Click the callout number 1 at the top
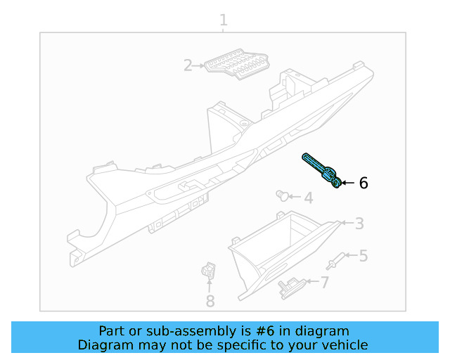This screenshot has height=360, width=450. [224, 20]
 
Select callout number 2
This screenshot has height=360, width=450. [188, 66]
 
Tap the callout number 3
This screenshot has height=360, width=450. [359, 224]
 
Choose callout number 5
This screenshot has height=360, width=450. [363, 256]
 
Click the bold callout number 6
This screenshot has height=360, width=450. [363, 184]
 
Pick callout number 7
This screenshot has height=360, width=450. [324, 283]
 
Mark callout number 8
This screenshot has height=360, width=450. [210, 301]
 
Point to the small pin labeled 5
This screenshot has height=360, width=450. [335, 261]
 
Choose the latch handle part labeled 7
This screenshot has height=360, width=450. [290, 286]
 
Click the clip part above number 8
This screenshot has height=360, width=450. [207, 271]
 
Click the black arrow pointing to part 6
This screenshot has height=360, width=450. [349, 183]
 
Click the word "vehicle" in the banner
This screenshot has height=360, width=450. [344, 345]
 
